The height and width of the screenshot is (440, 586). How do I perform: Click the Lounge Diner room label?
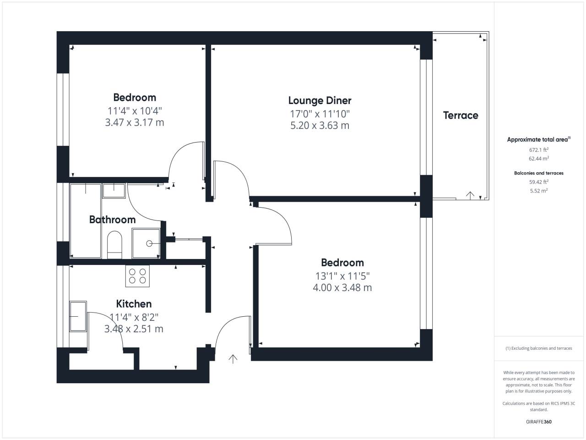(x=320, y=100)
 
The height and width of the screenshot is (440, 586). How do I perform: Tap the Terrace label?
(x=461, y=115)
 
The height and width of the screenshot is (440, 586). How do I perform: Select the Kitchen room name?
(x=134, y=304)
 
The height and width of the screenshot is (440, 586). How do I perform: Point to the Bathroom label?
(x=113, y=220)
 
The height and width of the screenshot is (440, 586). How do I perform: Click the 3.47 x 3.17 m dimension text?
(x=135, y=122)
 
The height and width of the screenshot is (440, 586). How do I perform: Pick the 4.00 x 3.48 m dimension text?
(x=342, y=287)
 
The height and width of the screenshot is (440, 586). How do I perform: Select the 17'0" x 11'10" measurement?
(x=320, y=114)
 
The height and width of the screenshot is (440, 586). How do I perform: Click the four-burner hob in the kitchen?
(x=137, y=276)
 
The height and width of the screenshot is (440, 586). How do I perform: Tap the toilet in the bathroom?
(x=114, y=245)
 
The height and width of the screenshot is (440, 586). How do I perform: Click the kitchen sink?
(x=78, y=316)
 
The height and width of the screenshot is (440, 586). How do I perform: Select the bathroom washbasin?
(x=114, y=191)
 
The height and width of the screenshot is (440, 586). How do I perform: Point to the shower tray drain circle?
(x=149, y=243)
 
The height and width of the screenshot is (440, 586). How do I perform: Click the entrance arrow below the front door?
(x=233, y=359)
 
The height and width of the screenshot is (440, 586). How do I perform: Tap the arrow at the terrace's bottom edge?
(x=470, y=196)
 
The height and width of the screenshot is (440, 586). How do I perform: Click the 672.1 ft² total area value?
(x=539, y=149)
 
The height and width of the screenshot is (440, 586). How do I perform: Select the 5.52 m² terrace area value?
(x=539, y=191)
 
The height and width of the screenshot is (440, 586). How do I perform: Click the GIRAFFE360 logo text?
(x=539, y=422)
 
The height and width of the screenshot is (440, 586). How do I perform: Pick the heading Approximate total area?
(x=539, y=139)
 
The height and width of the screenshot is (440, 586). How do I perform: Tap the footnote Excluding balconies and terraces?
(x=539, y=348)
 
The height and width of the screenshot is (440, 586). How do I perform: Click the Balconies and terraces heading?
(x=539, y=173)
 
